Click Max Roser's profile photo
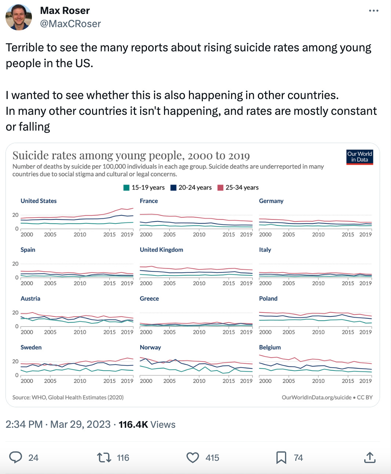19,17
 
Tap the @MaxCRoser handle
70,24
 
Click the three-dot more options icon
373,11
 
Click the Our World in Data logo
359,157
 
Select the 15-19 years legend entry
144,187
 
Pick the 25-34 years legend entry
238,187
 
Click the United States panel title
39,201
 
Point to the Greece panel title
149,299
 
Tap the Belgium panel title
270,347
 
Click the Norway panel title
150,347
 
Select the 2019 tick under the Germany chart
365,234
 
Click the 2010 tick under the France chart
199,234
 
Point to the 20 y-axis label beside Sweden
15,361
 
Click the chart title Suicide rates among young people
131,156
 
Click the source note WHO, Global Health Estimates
68,397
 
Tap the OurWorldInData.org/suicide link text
316,397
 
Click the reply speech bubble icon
16,457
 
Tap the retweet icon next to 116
104,457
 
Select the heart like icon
193,457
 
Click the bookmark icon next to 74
281,457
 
